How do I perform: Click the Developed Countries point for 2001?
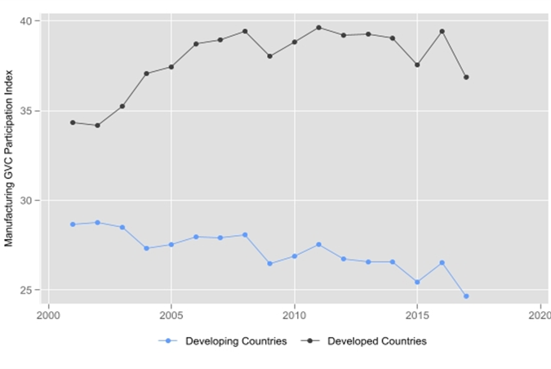coord(73,122)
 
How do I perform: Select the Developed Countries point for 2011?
coord(318,28)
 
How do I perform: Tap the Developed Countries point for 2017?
coord(466,78)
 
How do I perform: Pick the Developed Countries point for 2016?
coord(442,32)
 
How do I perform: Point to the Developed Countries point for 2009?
coord(269,56)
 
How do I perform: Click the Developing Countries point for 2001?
coord(73,225)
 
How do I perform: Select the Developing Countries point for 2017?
coord(466,296)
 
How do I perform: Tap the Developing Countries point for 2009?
coord(269,264)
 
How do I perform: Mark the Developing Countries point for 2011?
coord(318,245)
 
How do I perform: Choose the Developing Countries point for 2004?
coord(146,248)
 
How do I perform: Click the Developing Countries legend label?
coord(236,341)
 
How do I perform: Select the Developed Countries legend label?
coord(376,341)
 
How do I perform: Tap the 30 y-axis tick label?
coord(27,201)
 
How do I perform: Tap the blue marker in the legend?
coord(168,341)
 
